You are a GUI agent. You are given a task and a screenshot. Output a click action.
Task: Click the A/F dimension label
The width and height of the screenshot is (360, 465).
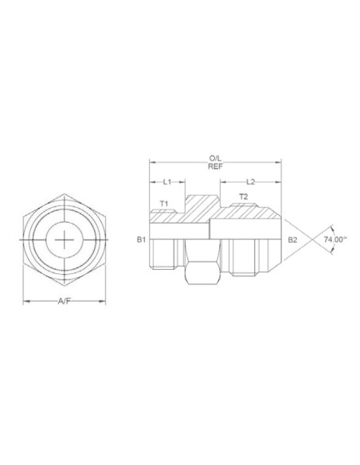click(x=65, y=301)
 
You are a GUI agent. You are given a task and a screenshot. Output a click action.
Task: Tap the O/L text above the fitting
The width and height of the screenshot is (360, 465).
click(x=215, y=158)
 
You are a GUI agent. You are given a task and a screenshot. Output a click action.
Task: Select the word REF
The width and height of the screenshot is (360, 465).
click(x=215, y=166)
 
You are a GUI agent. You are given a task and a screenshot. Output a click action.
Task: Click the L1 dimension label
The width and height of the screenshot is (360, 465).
click(x=167, y=182)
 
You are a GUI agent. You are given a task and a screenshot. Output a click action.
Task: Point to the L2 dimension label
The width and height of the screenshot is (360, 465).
click(x=251, y=182)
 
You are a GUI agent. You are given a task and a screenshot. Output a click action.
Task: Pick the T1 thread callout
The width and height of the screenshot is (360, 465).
click(x=164, y=204)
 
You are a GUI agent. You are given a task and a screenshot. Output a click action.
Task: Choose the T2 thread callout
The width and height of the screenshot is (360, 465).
click(x=244, y=197)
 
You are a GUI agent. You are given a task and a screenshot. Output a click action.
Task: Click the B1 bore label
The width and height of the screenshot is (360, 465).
click(x=141, y=240)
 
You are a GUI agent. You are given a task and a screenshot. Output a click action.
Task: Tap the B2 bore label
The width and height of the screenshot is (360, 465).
click(x=292, y=240)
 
